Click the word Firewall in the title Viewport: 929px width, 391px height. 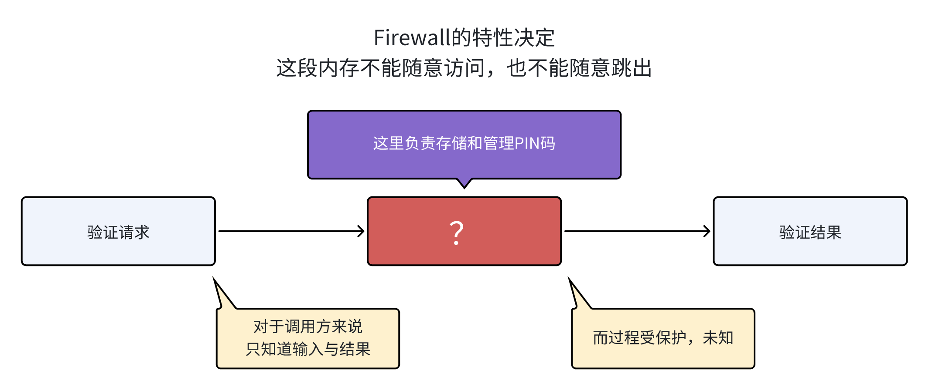click(411, 38)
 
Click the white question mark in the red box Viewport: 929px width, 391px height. click(456, 233)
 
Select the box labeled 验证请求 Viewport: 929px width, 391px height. click(118, 231)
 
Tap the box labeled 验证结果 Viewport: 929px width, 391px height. click(810, 231)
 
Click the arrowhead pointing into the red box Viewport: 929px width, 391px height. click(361, 231)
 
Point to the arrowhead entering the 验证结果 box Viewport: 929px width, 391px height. click(707, 231)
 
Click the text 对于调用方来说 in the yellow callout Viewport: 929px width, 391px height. click(307, 327)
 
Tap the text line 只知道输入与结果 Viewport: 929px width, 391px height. click(307, 349)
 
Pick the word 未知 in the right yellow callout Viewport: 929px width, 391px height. click(718, 338)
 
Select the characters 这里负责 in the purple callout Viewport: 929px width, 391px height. click(404, 144)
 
